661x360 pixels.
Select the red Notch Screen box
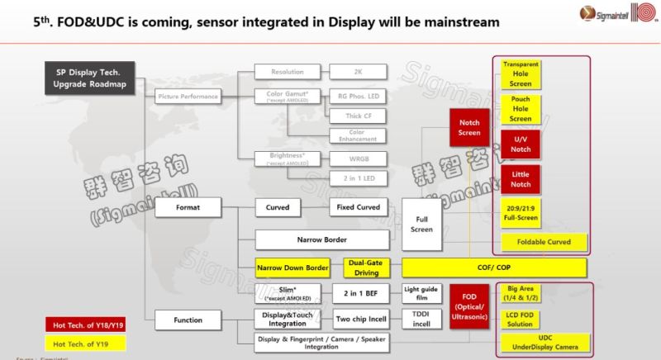point(468,127)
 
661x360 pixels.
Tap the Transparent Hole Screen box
point(521,75)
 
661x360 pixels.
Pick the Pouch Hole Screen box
point(521,109)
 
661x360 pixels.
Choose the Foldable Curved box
point(543,243)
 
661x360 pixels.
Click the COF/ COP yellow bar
point(493,268)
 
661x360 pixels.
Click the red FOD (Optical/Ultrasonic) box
point(468,306)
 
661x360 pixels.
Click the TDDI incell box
point(422,320)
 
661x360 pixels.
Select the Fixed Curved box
point(357,206)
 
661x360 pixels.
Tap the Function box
point(188,320)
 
